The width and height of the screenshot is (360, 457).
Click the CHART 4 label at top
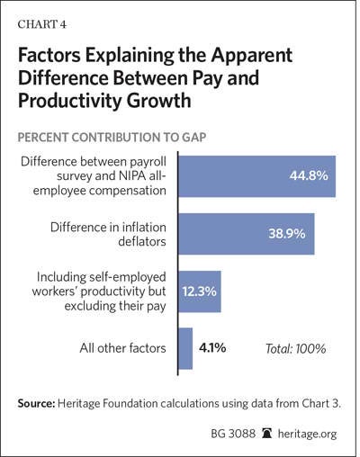(41, 24)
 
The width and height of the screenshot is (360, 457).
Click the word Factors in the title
(49, 55)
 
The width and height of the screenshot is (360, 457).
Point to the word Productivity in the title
(69, 101)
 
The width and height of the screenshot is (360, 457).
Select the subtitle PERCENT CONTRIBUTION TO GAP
(112, 138)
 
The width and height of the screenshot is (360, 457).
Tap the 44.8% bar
(257, 176)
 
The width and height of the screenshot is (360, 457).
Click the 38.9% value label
(287, 233)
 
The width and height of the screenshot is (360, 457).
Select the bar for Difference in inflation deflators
(247, 234)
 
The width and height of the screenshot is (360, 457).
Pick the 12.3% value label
(199, 291)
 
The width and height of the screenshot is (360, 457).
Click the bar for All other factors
(185, 348)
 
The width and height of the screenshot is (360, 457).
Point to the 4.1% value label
(212, 348)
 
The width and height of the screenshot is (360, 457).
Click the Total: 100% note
(296, 349)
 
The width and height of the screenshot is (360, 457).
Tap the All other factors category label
(122, 348)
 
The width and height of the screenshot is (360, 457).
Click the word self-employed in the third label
(128, 277)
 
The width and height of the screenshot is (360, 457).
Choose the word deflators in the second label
(142, 241)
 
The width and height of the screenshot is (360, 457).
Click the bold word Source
(36, 403)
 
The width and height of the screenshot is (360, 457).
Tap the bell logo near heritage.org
(266, 434)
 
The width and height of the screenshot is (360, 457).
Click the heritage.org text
(307, 434)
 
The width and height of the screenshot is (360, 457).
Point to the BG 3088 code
(233, 434)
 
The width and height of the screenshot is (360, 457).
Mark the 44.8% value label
(309, 175)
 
